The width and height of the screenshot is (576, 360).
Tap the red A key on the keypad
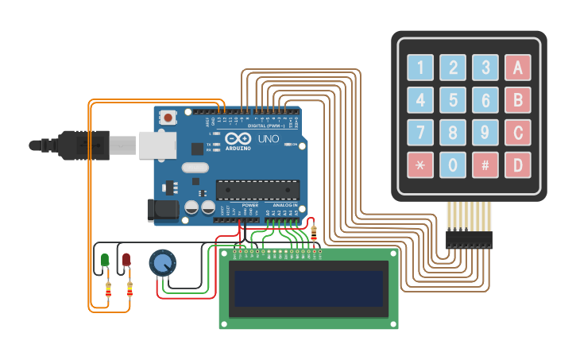point(517,68)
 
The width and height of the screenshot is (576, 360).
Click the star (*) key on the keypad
point(420,165)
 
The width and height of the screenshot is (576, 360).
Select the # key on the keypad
point(485,165)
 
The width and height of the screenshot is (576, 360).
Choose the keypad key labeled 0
point(453,165)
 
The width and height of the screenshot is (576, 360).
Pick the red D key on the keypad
point(517,165)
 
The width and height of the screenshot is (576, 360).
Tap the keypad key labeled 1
point(420,68)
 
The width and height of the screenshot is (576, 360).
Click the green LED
point(105,260)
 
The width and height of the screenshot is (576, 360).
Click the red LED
point(126,260)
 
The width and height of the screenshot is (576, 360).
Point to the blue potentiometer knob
point(162,263)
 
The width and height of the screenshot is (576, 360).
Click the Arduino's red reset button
point(168,117)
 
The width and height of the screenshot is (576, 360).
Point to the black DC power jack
point(161,210)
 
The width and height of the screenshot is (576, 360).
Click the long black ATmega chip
point(257,190)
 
